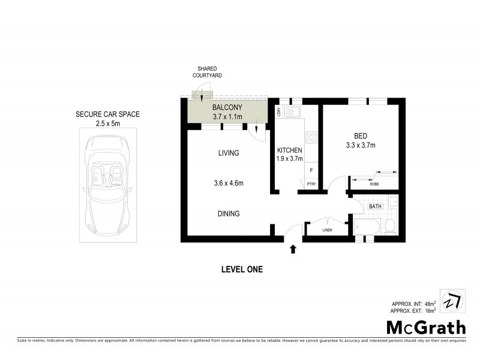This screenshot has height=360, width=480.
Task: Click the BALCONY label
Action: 227,107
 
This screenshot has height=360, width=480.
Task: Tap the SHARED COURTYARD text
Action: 203,73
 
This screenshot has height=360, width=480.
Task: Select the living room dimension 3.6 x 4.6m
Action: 228,183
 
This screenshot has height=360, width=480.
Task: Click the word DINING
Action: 228,213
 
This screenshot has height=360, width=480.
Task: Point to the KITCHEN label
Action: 289,150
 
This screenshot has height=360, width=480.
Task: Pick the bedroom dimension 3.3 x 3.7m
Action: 360,145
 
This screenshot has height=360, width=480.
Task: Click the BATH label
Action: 375,206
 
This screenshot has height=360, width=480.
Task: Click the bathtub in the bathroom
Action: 366,227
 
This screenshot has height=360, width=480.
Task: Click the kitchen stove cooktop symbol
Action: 311,137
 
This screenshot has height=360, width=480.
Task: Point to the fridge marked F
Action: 311,171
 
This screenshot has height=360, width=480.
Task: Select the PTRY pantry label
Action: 311,184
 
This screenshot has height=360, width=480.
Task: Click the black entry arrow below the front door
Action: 293,248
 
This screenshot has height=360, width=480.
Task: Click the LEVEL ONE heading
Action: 242,269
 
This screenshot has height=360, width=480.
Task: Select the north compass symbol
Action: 453,301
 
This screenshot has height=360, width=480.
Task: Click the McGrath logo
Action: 425,327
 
